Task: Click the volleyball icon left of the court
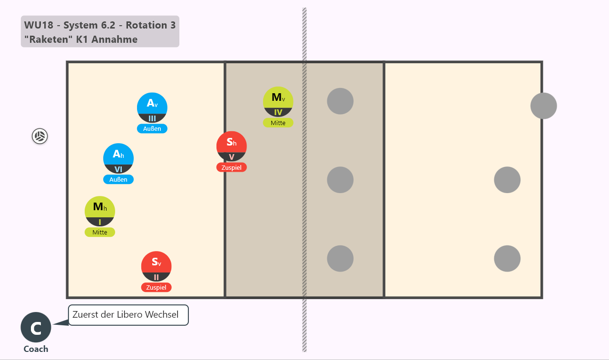coord(39,136)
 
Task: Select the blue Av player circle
coord(152,107)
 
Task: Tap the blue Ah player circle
coord(118,158)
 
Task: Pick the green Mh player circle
coord(100,211)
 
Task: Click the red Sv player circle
coord(157,266)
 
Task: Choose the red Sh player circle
coord(232,146)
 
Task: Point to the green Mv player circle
coord(278,102)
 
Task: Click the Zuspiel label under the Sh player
coord(231,167)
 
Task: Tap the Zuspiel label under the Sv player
coord(157,287)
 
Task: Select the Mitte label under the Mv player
coord(278,123)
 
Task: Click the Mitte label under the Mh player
coord(100,232)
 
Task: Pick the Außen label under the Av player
coord(152,128)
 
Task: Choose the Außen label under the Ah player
coord(118,179)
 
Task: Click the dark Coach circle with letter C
coord(36,327)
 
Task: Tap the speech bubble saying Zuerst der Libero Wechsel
coord(128,315)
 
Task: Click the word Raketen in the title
coord(49,39)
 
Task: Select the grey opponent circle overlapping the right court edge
coord(543,106)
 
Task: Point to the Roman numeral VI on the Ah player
coord(118,169)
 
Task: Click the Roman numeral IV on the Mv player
coord(278,112)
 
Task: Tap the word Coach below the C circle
coord(36,349)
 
